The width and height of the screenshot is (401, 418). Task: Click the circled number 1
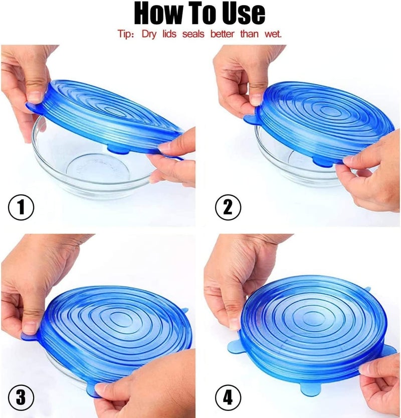(21, 207)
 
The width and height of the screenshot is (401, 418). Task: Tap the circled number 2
(229, 207)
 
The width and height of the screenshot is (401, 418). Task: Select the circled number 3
(21, 397)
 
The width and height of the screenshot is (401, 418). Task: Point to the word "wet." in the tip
(272, 35)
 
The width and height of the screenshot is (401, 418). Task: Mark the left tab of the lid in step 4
(234, 346)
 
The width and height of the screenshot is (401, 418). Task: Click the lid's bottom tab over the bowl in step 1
(116, 149)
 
